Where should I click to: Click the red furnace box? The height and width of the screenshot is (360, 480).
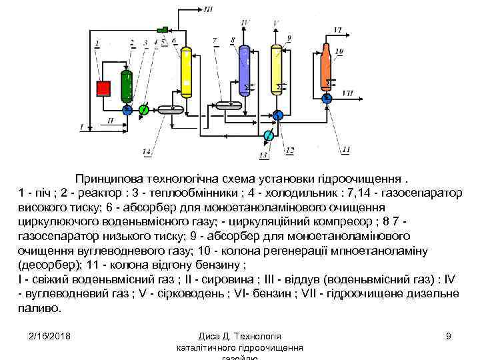(103, 89)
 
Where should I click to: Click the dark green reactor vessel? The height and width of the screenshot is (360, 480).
(127, 84)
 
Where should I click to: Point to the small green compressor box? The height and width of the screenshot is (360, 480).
(161, 30)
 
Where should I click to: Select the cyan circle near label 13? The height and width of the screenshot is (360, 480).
(268, 136)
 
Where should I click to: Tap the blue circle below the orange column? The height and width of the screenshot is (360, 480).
(327, 99)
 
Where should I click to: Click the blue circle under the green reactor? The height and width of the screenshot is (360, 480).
(127, 108)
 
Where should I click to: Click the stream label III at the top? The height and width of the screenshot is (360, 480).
(209, 9)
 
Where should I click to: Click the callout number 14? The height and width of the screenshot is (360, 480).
(146, 153)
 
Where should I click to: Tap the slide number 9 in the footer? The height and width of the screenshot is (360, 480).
(449, 335)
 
